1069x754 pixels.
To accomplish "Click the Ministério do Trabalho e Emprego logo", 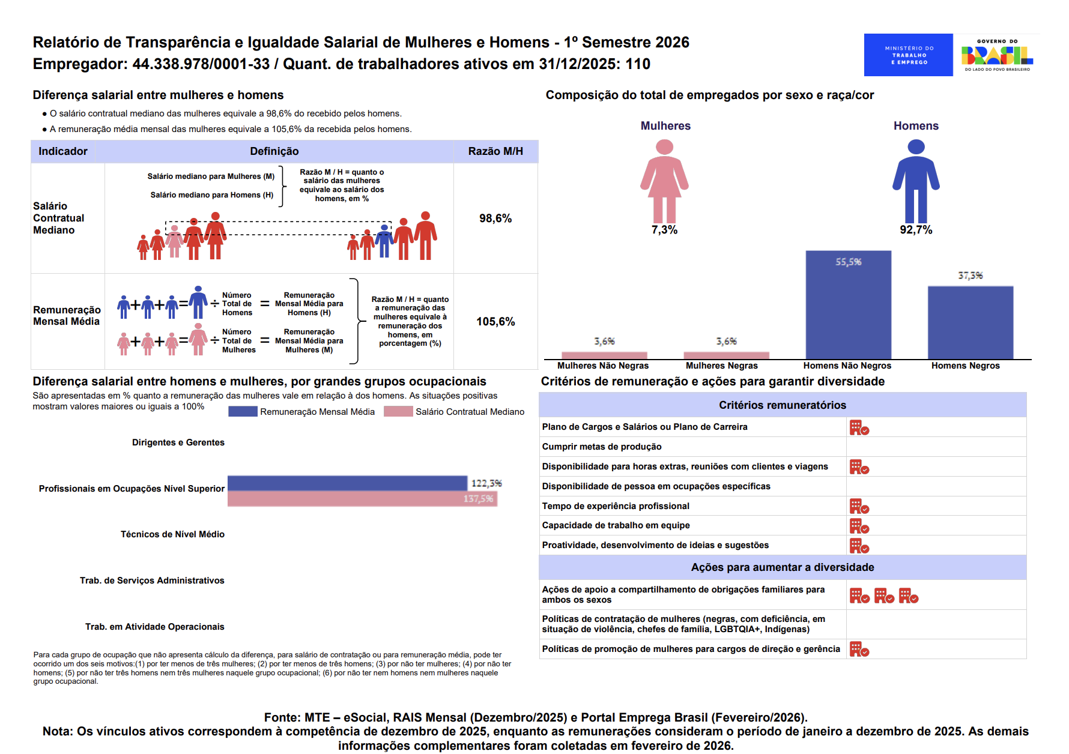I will point(908,55).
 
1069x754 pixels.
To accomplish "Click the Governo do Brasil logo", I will point(997,55).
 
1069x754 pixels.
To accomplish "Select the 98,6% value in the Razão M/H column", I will point(495,219).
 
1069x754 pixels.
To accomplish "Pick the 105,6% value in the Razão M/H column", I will point(495,322).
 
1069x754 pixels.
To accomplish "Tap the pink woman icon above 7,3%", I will point(664,181).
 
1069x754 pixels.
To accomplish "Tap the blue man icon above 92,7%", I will point(916,181).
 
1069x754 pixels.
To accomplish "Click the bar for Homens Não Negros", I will point(848,305).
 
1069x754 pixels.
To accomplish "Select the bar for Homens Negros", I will point(971,322).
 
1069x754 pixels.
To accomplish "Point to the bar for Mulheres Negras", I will point(726,355).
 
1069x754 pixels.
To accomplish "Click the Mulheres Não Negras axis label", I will point(603,366).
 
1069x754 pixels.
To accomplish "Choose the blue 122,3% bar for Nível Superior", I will point(347,483).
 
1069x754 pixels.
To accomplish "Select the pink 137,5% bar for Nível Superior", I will point(362,499).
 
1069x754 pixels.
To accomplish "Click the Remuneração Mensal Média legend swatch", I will point(243,411).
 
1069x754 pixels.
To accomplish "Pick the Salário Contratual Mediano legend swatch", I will point(398,411).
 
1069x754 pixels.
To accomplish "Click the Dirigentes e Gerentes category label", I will point(178,442).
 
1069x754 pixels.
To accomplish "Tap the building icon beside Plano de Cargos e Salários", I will point(859,427).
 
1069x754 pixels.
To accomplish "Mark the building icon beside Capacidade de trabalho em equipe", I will point(859,526).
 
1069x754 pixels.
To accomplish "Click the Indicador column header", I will point(63,151).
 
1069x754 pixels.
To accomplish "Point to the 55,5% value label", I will point(848,262).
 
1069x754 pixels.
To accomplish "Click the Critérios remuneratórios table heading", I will point(783,405).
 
